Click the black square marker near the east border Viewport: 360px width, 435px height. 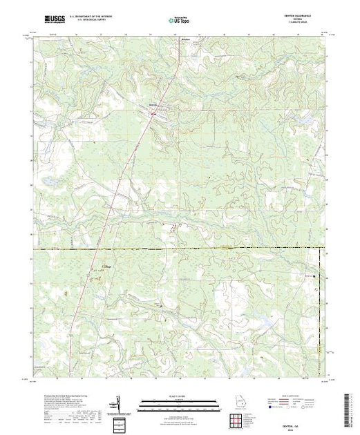(x=315, y=277)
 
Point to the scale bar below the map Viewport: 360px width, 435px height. (x=177, y=402)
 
